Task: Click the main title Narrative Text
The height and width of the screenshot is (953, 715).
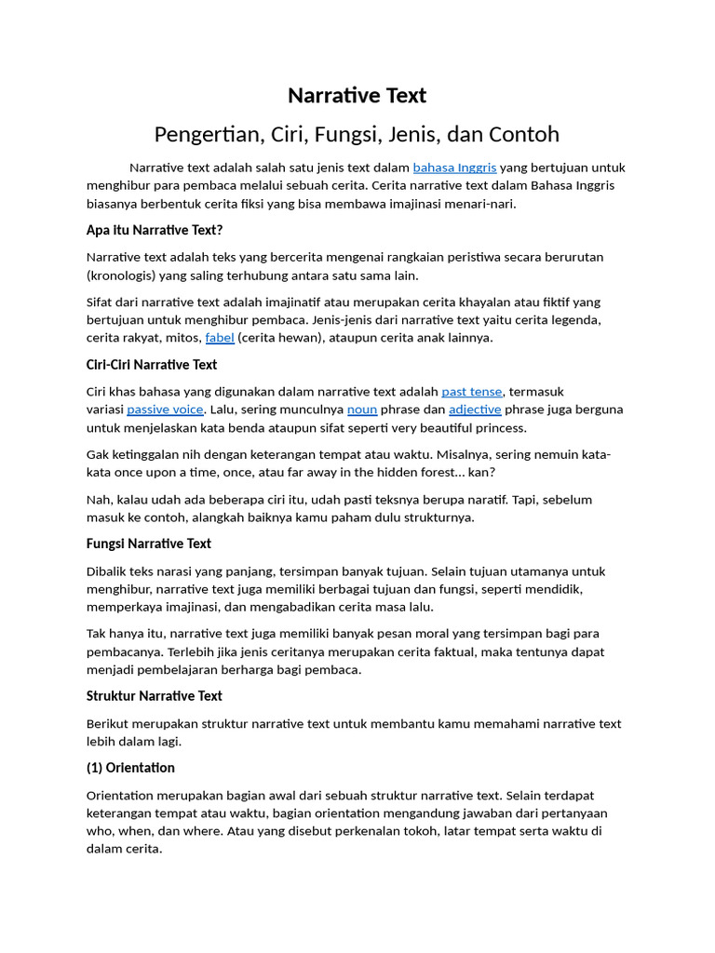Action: point(357,95)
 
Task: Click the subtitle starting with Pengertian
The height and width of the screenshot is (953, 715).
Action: point(357,134)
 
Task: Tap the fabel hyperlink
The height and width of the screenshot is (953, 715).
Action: point(220,338)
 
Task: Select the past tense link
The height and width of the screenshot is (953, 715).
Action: point(472,392)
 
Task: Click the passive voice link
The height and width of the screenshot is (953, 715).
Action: point(165,409)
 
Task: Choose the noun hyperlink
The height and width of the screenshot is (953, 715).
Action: point(362,409)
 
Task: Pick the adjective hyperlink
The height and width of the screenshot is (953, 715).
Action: point(475,409)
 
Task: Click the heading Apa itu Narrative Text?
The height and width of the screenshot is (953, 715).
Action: point(155,230)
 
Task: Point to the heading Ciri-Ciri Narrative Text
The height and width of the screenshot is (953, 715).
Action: point(152,365)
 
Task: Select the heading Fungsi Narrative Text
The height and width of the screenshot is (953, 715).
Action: point(149,544)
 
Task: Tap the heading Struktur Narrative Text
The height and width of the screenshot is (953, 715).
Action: point(155,696)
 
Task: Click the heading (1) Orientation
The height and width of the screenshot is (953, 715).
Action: point(130,768)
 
